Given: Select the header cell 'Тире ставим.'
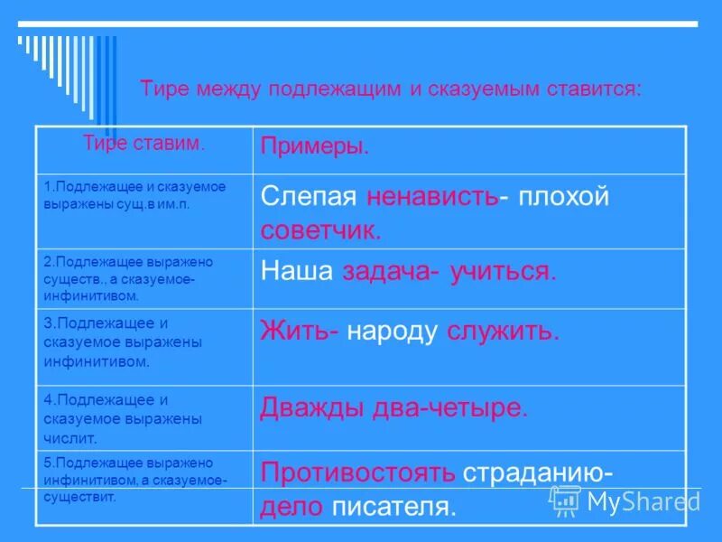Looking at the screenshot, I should point(143,143).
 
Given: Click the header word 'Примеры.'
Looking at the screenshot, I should point(314,147).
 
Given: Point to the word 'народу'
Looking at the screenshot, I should point(393,332).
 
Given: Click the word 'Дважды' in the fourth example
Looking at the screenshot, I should point(312,407).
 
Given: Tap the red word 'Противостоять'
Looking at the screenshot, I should point(357,473).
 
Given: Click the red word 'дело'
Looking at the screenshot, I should point(291,506).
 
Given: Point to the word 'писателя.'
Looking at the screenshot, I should point(393,506).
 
